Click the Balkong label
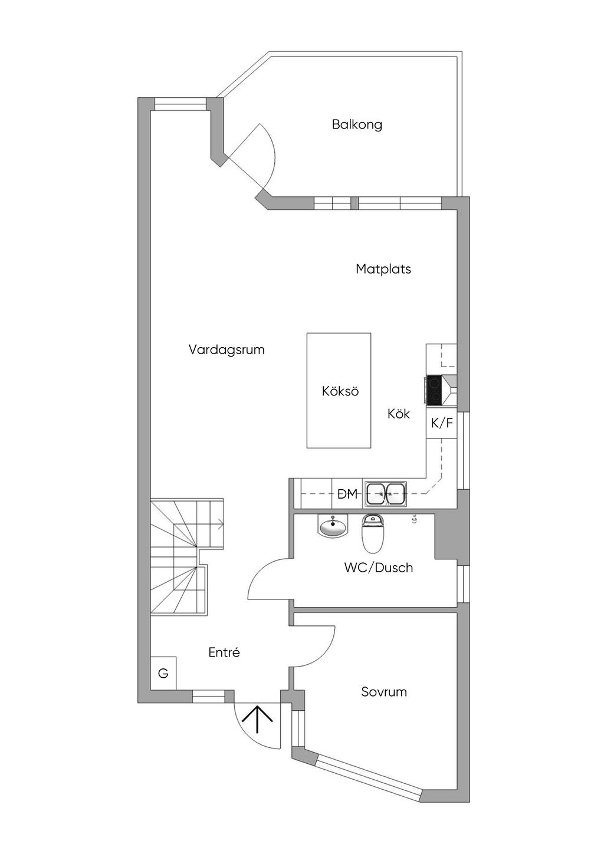coord(357,124)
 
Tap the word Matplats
coord(383,269)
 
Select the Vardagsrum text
coord(226,349)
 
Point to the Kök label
coord(399,414)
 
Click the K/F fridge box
coord(442,423)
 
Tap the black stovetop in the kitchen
coord(434,390)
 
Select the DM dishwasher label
coord(347,494)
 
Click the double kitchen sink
coord(386,494)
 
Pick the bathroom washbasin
coord(333,526)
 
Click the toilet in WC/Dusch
coord(372,533)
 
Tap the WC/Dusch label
coord(379,568)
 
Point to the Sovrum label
coord(384,692)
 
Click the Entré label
coord(224,652)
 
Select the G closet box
coord(163,673)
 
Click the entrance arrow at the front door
coord(258,718)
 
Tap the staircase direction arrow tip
coord(221,522)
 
